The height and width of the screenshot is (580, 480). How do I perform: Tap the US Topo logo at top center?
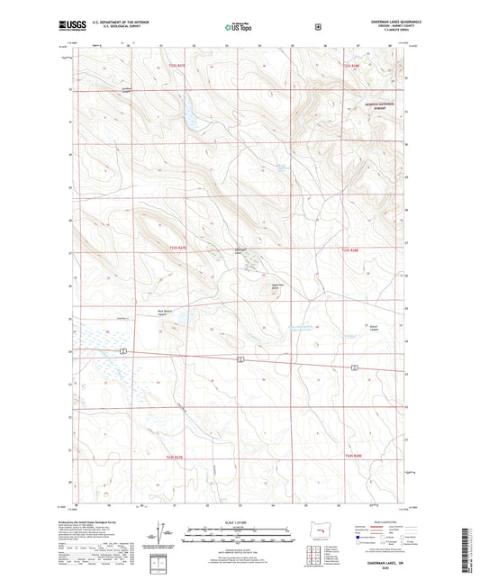pyautogui.click(x=236, y=28)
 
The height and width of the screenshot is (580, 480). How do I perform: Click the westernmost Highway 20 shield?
pyautogui.click(x=121, y=349)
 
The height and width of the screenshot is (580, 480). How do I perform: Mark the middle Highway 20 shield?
pyautogui.click(x=241, y=358)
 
